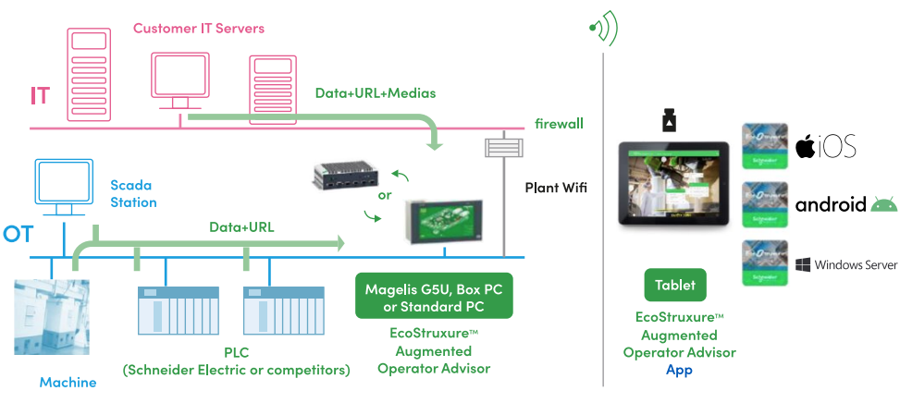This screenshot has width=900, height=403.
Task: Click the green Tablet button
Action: pos(674,285)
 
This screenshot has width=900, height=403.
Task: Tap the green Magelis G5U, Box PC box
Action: pos(433,295)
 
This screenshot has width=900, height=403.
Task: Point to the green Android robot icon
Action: pos(883,204)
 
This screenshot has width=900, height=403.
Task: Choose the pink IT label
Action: pos(40,96)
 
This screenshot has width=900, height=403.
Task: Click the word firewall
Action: pos(559,124)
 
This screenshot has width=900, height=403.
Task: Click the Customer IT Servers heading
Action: pos(199,29)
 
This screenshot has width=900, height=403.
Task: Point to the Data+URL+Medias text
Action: pos(375,93)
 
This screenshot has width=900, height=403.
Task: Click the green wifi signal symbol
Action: pos(603,29)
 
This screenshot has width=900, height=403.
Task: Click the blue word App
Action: pos(679,369)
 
